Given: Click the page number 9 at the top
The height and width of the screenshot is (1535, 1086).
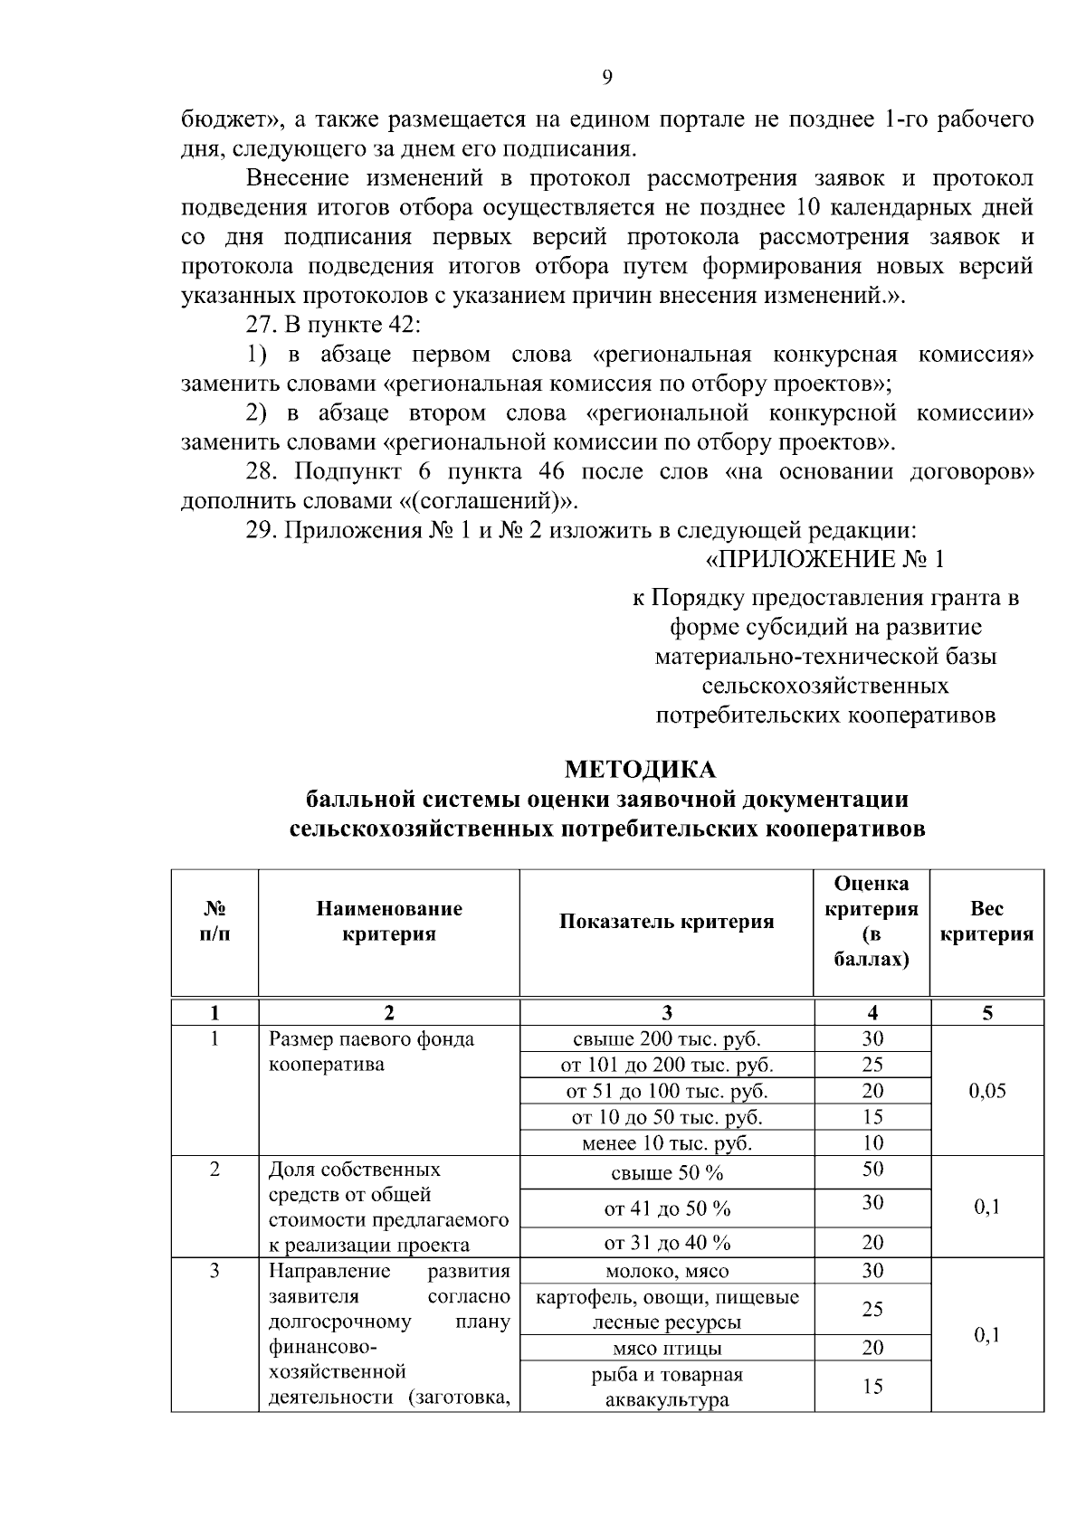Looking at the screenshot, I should pos(607,78).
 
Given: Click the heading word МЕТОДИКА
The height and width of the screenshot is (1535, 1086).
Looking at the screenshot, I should pos(640,769).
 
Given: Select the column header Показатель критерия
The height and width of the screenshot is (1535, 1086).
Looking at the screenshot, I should pos(666,922).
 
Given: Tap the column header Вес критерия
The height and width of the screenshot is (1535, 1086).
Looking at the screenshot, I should pos(986,922).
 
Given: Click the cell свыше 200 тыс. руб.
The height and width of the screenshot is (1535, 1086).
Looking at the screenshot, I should pos(666,1038).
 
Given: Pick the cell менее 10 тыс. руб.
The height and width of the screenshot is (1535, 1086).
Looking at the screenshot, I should pos(666,1143).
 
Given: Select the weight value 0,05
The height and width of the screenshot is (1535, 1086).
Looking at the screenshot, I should pos(986,1091).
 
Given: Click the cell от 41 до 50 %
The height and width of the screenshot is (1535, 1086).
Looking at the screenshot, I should pos(666,1208).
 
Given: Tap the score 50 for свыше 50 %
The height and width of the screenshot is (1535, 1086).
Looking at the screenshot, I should pos(872,1170).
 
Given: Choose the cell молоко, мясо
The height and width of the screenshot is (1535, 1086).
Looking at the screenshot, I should pos(666,1271).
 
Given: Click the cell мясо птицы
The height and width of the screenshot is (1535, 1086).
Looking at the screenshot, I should pos(666,1349).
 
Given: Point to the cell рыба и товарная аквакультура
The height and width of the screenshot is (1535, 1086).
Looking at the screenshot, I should pos(666,1388).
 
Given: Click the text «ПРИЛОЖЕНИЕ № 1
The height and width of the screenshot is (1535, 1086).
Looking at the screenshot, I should pos(824,560).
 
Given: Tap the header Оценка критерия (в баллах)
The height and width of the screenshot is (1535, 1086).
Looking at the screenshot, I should pos(872,921).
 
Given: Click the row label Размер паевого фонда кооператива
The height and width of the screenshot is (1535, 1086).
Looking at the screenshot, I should pos(371,1051).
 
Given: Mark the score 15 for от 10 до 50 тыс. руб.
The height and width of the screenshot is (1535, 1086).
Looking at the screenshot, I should pos(872,1117).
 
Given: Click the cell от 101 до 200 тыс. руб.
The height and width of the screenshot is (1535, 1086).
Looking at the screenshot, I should pos(666,1065).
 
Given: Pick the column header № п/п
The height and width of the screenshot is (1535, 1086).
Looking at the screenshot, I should pos(214,921).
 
